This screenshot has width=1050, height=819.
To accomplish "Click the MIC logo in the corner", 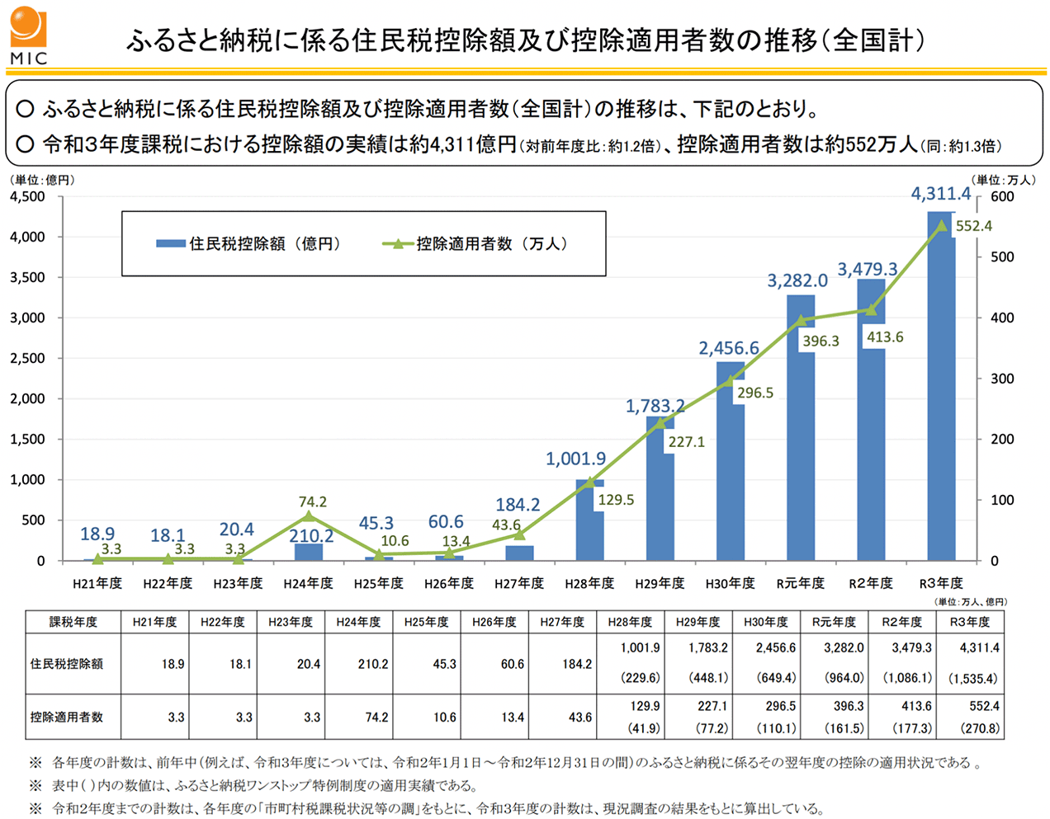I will click(x=29, y=35).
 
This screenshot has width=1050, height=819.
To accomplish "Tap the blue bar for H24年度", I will click(x=309, y=552).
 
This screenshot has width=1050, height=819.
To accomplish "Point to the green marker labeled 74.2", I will click(x=309, y=516).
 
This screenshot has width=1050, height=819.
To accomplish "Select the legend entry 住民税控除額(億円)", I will click(x=248, y=244).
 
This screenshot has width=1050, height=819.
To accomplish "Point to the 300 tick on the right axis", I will click(x=1001, y=379).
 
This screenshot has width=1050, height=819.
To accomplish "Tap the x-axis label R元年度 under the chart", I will click(x=800, y=583).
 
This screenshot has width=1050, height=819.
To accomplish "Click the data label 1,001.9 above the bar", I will click(x=575, y=459).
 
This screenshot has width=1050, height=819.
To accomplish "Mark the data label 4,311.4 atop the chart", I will click(x=940, y=194).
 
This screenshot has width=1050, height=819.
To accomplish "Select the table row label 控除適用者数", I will click(x=67, y=717).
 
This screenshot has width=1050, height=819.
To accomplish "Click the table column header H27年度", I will click(x=562, y=622).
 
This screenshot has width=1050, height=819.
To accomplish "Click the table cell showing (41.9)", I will click(x=643, y=728).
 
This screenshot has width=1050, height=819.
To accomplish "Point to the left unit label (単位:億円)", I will click(x=41, y=180).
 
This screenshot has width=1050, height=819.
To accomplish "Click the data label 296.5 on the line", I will click(x=755, y=393).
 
